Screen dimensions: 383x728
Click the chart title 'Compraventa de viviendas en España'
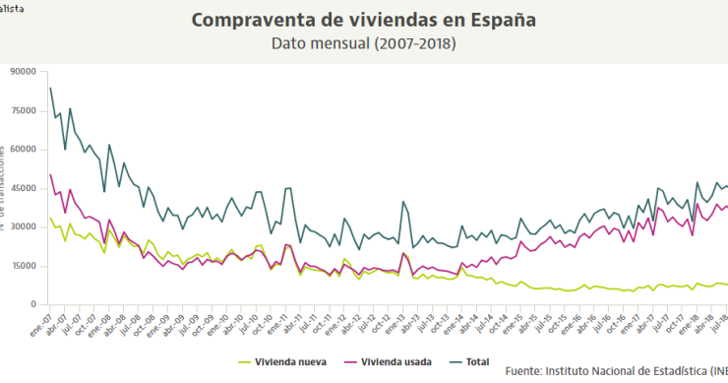364,21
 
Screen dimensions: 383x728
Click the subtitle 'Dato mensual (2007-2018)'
364,44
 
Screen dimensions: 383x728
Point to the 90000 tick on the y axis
23,72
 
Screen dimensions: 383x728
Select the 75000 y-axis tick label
23,111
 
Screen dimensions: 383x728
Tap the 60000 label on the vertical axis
23,150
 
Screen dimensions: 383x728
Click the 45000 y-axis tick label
23,188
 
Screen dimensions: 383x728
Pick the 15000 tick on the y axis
23,266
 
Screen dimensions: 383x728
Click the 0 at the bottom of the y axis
33,304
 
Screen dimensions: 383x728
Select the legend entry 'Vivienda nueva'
290,361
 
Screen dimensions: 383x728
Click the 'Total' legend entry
476,361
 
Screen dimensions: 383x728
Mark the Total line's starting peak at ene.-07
50,88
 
